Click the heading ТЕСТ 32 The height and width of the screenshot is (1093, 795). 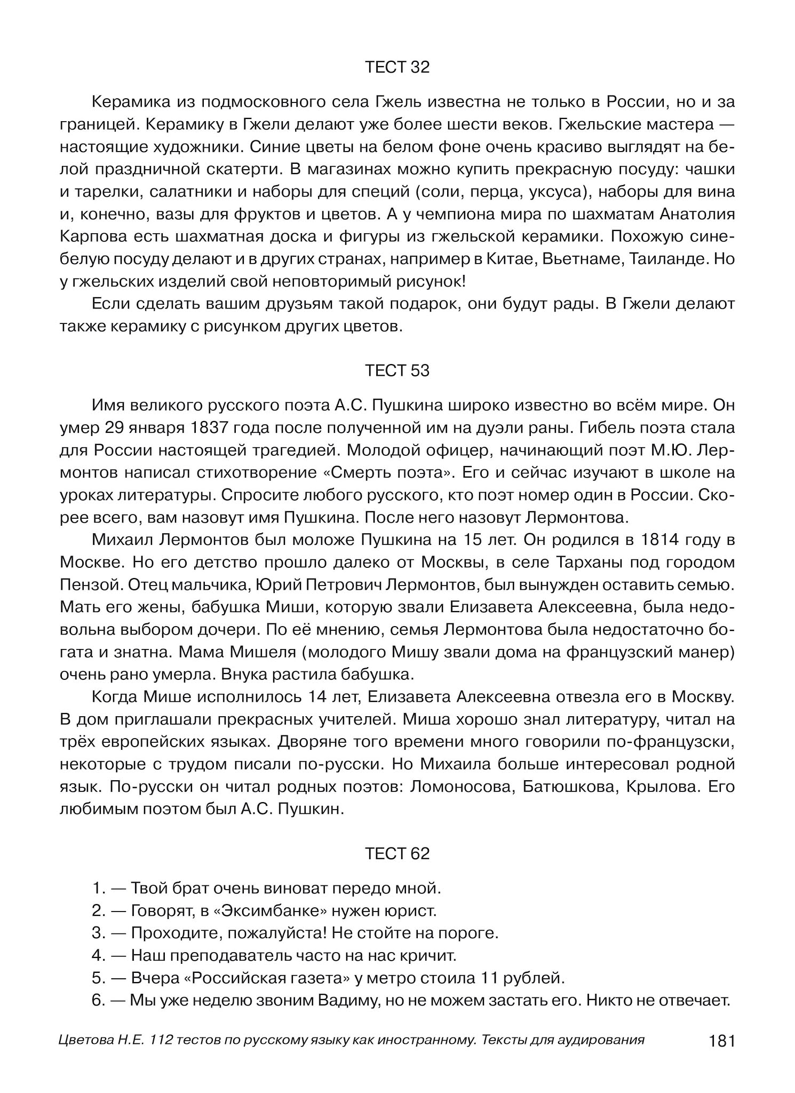click(x=397, y=67)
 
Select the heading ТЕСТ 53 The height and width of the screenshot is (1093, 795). click(x=397, y=370)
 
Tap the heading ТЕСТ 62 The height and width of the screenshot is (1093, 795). click(x=397, y=854)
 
